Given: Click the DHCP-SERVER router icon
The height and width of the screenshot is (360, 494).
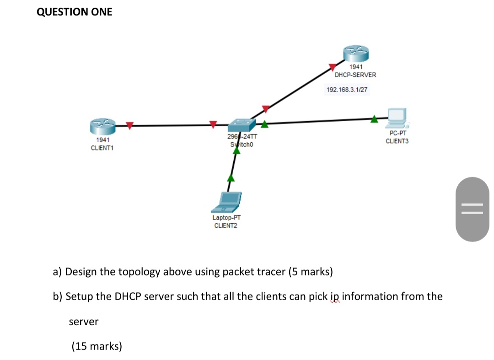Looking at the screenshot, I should click(x=356, y=54).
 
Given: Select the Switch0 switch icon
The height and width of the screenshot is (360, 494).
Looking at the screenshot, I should click(x=242, y=124).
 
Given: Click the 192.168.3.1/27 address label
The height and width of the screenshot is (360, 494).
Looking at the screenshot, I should click(x=347, y=90).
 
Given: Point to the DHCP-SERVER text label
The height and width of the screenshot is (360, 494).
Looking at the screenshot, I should click(x=355, y=75).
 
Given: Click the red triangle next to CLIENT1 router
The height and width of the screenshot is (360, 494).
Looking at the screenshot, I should click(x=130, y=125).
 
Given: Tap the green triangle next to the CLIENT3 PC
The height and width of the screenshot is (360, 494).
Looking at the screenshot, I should click(x=375, y=119).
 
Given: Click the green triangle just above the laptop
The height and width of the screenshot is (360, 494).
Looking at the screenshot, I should click(x=231, y=177).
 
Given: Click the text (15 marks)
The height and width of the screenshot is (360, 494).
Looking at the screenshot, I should click(x=97, y=346).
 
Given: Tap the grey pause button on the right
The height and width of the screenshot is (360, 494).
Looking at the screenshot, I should click(x=472, y=209).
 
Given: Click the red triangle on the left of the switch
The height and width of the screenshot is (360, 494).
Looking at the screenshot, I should click(x=213, y=124).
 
